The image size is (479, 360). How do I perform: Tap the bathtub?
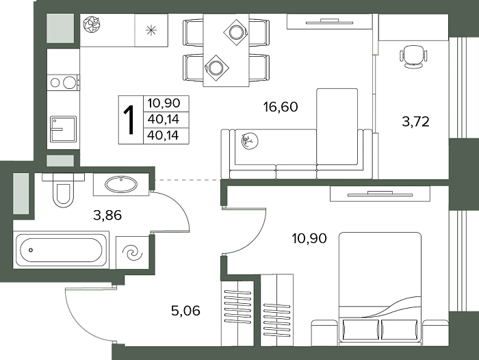[61, 250]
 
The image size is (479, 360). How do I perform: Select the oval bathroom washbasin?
[121, 184]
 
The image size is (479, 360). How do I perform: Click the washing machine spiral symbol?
[132, 253]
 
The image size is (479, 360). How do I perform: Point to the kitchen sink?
[63, 129]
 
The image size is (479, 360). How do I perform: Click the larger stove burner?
[69, 83]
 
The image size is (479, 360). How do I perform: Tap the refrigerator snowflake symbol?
[151, 30]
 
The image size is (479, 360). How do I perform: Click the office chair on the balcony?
[413, 57]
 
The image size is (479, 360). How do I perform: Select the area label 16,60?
[281, 107]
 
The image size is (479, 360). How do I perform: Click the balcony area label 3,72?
[416, 122]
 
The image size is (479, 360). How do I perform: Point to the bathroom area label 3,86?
[107, 215]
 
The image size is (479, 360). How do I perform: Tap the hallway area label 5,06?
[185, 311]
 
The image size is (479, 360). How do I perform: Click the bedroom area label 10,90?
[309, 238]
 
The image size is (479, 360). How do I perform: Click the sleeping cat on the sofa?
[250, 141]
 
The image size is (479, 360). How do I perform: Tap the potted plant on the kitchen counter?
[91, 25]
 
